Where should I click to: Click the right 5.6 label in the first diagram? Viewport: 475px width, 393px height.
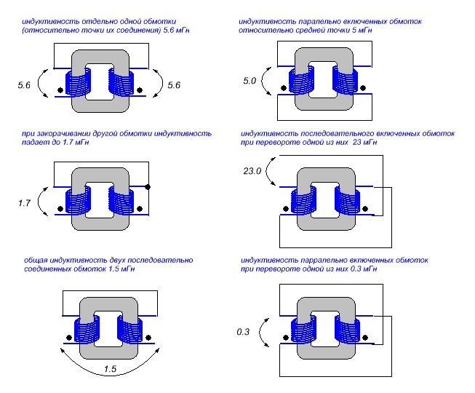[x=173, y=85]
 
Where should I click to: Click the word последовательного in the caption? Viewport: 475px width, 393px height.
[x=337, y=134]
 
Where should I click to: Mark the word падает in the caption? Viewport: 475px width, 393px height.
[x=34, y=144]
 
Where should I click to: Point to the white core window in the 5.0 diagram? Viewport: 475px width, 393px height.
[x=321, y=82]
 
